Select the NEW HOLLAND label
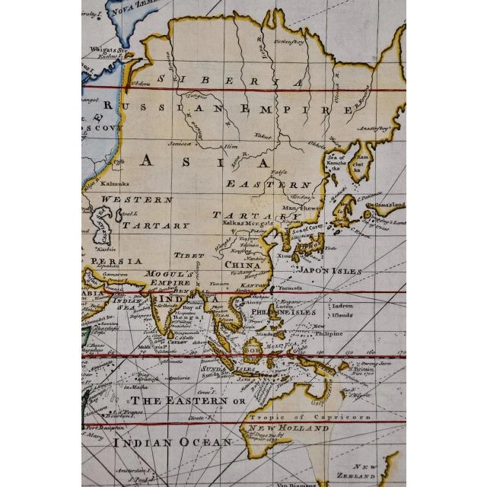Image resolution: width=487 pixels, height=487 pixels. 287,428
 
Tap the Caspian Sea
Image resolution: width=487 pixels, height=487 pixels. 100,228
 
